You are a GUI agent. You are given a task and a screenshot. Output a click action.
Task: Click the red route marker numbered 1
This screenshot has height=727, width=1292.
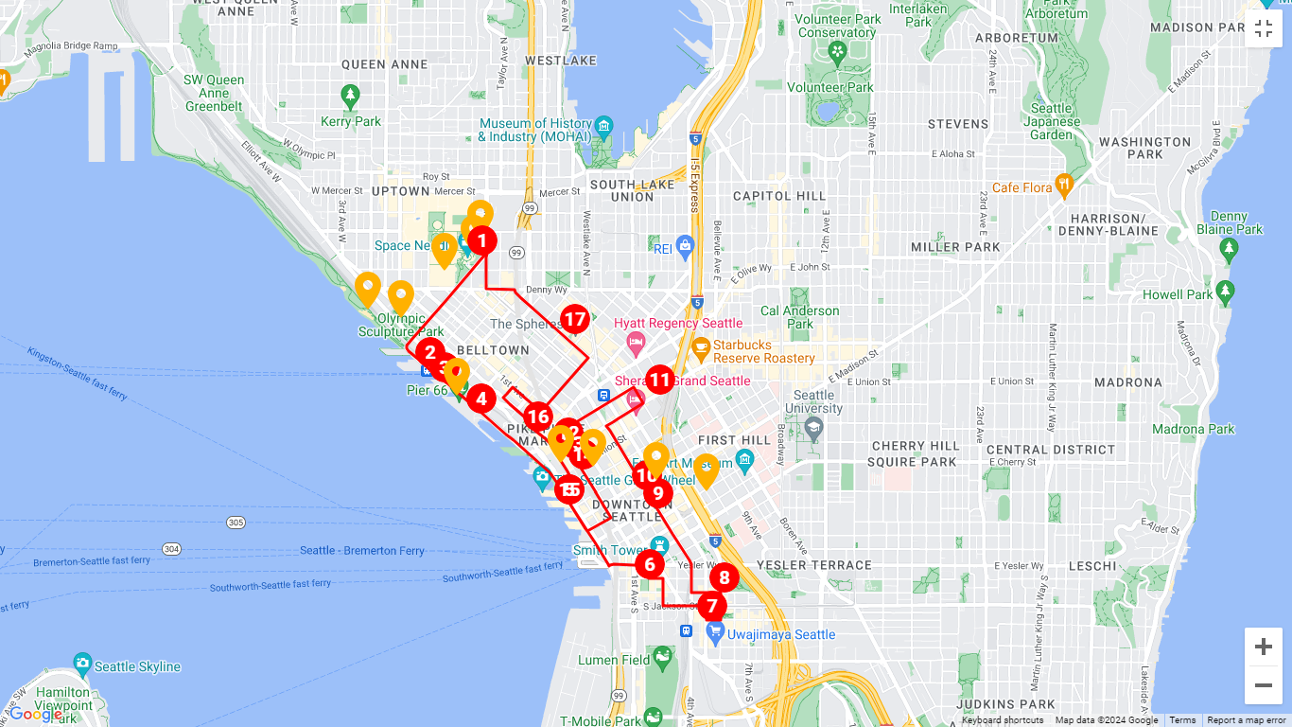tap(481, 240)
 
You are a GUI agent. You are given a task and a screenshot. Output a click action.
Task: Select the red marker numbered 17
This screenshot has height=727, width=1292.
tap(575, 319)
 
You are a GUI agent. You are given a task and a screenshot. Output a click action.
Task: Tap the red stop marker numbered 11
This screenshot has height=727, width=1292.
tap(659, 381)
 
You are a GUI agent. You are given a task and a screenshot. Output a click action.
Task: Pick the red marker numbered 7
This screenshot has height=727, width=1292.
tap(711, 606)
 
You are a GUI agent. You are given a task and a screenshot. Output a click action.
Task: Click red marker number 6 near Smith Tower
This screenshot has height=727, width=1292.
tap(649, 564)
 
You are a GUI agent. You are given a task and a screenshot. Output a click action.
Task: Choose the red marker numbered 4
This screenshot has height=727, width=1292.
tap(480, 399)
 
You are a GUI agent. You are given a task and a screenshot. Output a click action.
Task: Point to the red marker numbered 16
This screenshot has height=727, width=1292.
tap(537, 416)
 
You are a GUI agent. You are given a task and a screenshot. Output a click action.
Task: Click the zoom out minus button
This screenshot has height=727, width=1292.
tap(1263, 685)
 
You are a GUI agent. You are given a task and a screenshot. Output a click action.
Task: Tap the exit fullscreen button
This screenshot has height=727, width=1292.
tap(1264, 28)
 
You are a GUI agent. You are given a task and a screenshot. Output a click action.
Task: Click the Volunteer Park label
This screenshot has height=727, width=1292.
tap(830, 87)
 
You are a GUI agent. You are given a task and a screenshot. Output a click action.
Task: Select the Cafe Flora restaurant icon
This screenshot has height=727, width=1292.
tap(1064, 186)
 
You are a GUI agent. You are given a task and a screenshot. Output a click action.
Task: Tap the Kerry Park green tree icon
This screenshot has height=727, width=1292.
tap(350, 96)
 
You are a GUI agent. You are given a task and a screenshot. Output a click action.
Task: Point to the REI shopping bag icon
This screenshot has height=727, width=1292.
tap(686, 248)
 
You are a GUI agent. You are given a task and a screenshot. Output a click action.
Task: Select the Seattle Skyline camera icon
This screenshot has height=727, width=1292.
tap(82, 665)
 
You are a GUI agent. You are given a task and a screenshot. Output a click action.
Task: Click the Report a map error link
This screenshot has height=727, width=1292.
tap(1246, 720)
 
